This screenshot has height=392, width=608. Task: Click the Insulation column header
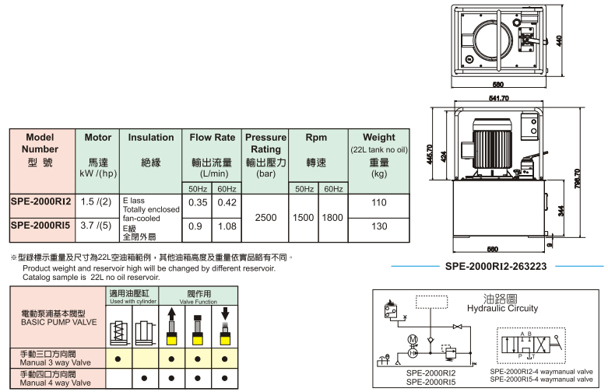pyautogui.click(x=151, y=138)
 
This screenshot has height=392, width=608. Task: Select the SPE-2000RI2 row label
pyautogui.click(x=40, y=201)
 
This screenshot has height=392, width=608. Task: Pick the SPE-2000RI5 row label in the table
pyautogui.click(x=40, y=226)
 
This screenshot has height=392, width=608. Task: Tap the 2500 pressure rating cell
pyautogui.click(x=266, y=217)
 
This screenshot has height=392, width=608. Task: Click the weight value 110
pyautogui.click(x=379, y=202)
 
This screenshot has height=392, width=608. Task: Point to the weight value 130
pyautogui.click(x=379, y=226)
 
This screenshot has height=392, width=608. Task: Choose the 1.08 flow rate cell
pyautogui.click(x=227, y=226)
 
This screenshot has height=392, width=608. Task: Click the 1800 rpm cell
pyautogui.click(x=332, y=217)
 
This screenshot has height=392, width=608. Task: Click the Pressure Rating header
pyautogui.click(x=266, y=143)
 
